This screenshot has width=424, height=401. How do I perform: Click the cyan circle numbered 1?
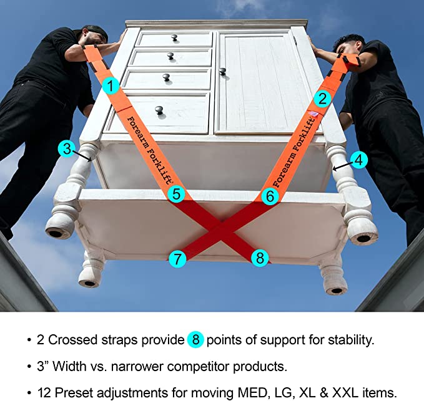coord(111,86)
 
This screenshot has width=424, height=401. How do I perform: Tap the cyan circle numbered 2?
coord(322,99)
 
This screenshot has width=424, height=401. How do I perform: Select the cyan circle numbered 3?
coord(67,148)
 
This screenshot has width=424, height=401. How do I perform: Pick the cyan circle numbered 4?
coord(358,160)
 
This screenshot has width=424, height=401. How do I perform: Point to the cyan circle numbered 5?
coord(176,194)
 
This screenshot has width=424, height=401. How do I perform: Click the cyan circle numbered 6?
coord(270,196)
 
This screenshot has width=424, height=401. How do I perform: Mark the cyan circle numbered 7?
coord(177,259)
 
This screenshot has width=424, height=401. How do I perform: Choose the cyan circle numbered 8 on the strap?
coord(260,258)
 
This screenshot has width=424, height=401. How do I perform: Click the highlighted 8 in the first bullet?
coord(195,339)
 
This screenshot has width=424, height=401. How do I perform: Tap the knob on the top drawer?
coord(175,38)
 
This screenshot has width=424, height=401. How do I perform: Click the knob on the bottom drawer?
coord(159,110)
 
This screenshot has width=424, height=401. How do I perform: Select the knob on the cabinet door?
coord(222,72)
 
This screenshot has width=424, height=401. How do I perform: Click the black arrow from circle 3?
coord(83,157)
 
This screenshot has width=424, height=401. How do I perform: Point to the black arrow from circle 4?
coord(343,166)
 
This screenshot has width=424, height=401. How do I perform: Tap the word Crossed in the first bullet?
coord(72,340)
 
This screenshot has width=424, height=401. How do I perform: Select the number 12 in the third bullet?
coord(44,392)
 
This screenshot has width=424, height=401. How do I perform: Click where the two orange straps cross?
coord(222,226)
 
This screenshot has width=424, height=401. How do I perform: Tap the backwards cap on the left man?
coord(95,31)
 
